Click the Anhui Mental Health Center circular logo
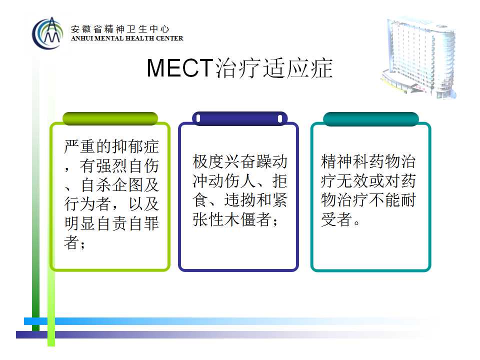pyautogui.click(x=47, y=33)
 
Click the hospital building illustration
pyautogui.click(x=418, y=57)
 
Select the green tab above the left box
pyautogui.click(x=110, y=118)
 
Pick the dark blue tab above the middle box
pyautogui.click(x=239, y=118)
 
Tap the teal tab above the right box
pyautogui.click(x=370, y=119)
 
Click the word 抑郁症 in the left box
pyautogui.click(x=135, y=146)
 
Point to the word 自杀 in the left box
pyautogui.click(x=96, y=185)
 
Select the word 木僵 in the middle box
pyautogui.click(x=240, y=219)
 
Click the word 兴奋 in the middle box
pyautogui.click(x=240, y=161)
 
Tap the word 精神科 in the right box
pyautogui.click(x=344, y=161)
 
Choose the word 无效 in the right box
pyautogui.click(x=352, y=180)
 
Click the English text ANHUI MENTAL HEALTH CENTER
pyautogui.click(x=127, y=38)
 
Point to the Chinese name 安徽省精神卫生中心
pyautogui.click(x=120, y=29)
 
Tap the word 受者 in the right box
pyautogui.click(x=336, y=219)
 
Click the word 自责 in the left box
pyautogui.click(x=111, y=223)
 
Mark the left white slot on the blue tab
pyautogui.click(x=198, y=118)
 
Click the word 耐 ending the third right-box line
pyautogui.click(x=408, y=200)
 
